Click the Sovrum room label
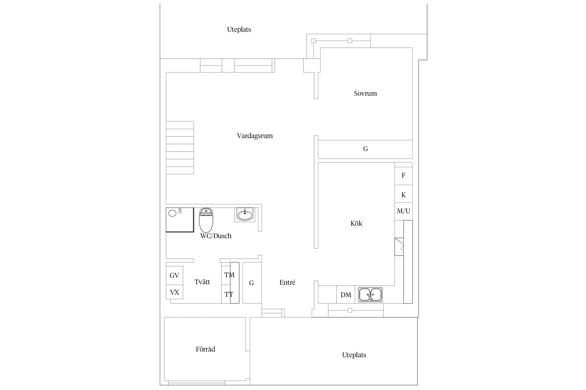click(365, 93)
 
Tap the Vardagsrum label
click(255, 136)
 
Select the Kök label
click(356, 223)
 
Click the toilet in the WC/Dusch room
click(206, 220)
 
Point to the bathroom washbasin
click(245, 215)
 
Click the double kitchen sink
click(370, 295)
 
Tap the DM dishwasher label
click(346, 295)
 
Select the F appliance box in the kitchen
click(403, 176)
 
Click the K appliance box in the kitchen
click(403, 194)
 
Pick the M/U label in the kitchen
click(403, 211)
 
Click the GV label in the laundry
click(174, 275)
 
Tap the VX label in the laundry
click(174, 292)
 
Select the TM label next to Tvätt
click(229, 275)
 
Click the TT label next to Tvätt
click(229, 294)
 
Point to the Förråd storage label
click(205, 349)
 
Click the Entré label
click(287, 282)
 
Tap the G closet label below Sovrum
click(365, 149)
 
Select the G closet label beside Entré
click(251, 283)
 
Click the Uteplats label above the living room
click(239, 29)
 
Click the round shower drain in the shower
click(172, 213)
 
